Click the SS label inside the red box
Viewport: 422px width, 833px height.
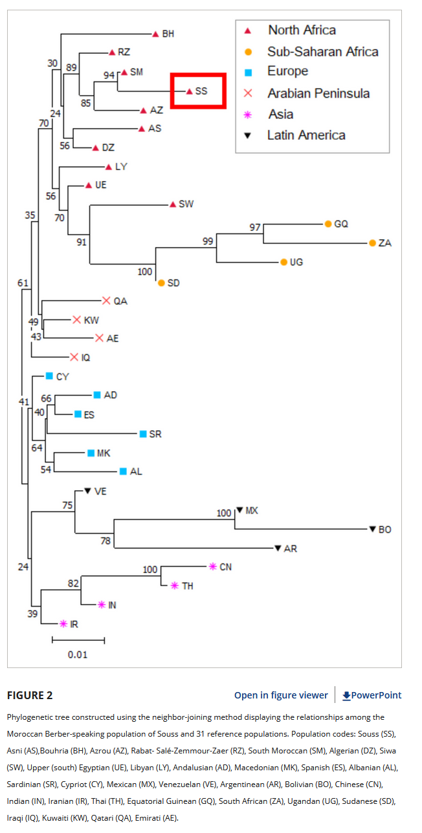pos(201,91)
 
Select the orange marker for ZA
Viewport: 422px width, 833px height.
pos(372,243)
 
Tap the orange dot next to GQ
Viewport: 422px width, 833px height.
pos(328,224)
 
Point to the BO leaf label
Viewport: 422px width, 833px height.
pos(384,530)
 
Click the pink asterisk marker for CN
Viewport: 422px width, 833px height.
pos(212,567)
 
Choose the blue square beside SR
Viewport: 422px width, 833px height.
pos(143,434)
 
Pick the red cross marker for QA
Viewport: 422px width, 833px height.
pos(106,301)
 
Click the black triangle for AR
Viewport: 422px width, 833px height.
pos(278,548)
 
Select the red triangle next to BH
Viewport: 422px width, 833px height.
pos(155,34)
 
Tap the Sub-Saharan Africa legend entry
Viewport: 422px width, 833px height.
pos(322,52)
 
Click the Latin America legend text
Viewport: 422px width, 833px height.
pos(306,135)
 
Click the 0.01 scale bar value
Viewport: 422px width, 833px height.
pos(78,654)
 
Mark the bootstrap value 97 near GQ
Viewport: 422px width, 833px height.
pos(255,228)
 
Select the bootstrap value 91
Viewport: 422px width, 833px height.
pos(82,243)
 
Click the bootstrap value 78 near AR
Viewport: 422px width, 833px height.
pos(106,541)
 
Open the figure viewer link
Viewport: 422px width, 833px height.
pos(281,695)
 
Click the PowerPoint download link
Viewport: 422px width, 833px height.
pos(372,695)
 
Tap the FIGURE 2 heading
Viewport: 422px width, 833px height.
pos(30,695)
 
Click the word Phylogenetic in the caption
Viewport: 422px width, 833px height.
pos(32,717)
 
